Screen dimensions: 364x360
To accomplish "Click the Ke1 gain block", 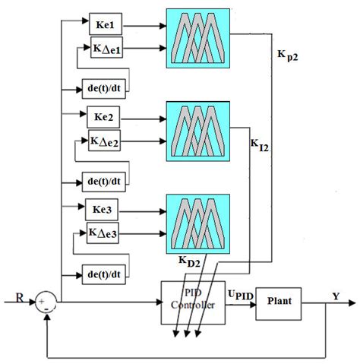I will (x=106, y=25).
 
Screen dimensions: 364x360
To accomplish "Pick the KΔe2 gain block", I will (x=108, y=143).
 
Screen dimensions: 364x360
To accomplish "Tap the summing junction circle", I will (x=45, y=304).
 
